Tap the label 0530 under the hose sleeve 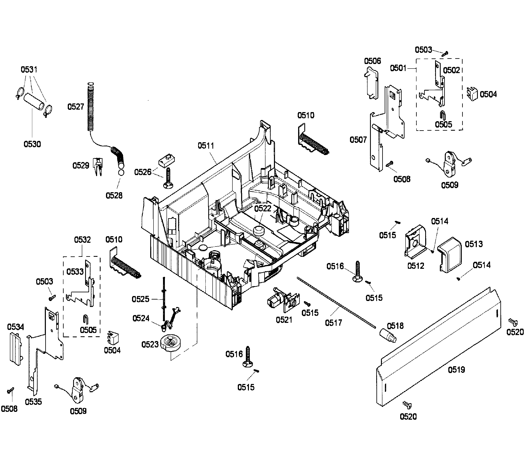click(32, 144)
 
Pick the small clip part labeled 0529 click(98, 166)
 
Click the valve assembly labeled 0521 click(283, 301)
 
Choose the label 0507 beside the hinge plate click(358, 140)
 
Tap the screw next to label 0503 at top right click(445, 53)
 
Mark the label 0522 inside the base click(263, 209)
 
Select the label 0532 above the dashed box click(82, 240)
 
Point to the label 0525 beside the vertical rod click(140, 299)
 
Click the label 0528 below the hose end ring click(114, 195)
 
